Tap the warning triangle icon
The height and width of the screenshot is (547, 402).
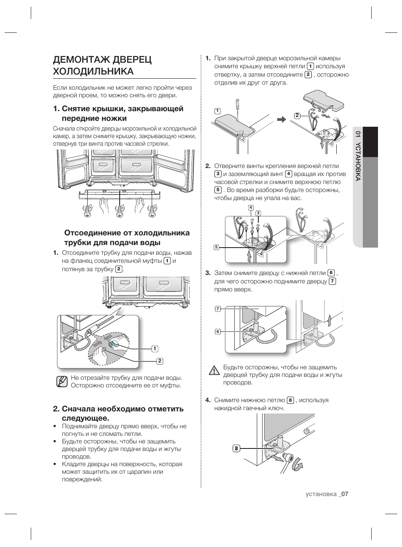[x=214, y=371]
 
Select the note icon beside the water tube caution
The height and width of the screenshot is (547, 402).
[x=62, y=382]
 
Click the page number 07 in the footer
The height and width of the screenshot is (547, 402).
[x=345, y=494]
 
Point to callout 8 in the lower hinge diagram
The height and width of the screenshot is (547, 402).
[x=236, y=448]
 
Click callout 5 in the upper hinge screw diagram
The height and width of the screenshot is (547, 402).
[x=216, y=247]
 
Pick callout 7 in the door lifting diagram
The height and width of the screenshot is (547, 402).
[x=218, y=309]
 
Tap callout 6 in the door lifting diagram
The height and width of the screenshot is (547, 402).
[x=218, y=332]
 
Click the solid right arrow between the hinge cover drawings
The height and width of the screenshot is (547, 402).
[x=281, y=120]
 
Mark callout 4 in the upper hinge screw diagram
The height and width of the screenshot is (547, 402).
[x=251, y=208]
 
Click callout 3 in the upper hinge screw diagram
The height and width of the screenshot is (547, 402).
[x=258, y=213]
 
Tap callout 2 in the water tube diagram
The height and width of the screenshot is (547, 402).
[x=160, y=361]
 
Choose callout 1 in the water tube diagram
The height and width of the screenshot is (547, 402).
[x=155, y=349]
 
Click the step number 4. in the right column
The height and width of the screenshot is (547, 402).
[x=208, y=400]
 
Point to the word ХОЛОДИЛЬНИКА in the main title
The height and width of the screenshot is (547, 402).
[x=94, y=71]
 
